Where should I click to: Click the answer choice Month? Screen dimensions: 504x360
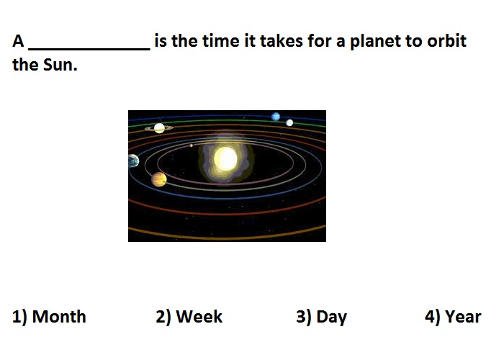[59, 317]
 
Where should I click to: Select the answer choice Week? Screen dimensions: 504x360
[199, 317]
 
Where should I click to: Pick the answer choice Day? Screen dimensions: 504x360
[332, 318]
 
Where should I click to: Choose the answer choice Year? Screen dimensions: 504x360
[463, 317]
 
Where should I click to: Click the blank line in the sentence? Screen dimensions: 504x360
[89, 49]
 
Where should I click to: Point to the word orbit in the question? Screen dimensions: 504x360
[447, 41]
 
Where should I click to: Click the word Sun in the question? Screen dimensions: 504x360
[60, 65]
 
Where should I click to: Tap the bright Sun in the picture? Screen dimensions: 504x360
[225, 159]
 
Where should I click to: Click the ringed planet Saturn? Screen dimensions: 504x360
[159, 128]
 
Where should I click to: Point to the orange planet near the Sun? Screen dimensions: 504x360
[159, 179]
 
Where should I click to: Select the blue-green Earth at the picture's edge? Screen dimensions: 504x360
[133, 161]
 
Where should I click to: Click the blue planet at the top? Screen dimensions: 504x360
[276, 117]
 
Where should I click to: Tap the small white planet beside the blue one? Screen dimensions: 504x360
[289, 122]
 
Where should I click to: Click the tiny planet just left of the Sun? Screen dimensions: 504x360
[192, 145]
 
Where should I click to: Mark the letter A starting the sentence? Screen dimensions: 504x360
[18, 41]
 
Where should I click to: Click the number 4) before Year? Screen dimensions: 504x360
[433, 317]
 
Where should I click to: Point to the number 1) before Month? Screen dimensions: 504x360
[20, 317]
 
